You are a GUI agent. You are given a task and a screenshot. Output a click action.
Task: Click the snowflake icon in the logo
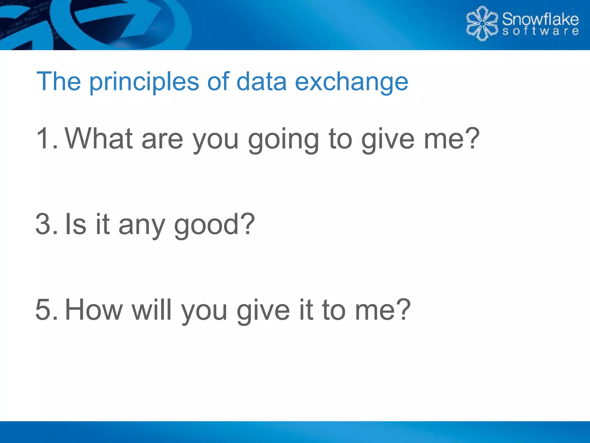[x=482, y=24]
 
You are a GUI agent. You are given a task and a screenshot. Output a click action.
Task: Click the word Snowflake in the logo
[x=540, y=19]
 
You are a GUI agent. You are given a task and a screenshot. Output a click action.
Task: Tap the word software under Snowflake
[x=540, y=31]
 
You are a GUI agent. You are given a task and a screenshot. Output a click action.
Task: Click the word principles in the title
[x=144, y=82]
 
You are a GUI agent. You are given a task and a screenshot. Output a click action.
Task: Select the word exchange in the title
[x=351, y=82]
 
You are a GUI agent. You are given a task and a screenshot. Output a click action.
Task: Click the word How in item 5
[x=94, y=310]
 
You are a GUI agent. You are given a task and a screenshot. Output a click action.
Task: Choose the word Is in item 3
[x=75, y=224]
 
